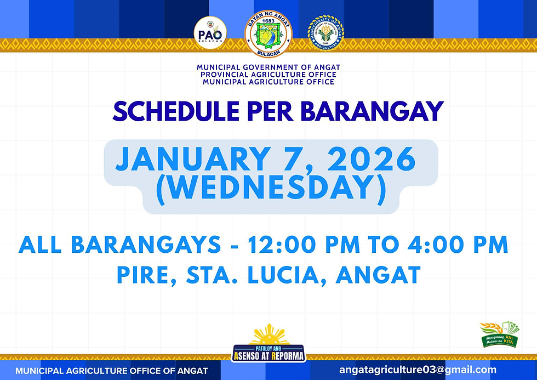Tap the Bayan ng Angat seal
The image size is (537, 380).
pos(268,33)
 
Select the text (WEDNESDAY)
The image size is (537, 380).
pos(271,188)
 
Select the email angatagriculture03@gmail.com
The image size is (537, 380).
pos(418,370)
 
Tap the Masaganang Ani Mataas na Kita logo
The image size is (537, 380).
pos(499,335)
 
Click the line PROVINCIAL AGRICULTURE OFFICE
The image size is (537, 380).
pos(268,75)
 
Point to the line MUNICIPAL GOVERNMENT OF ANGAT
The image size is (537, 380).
pos(268,67)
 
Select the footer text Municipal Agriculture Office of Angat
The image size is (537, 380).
pos(112,371)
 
